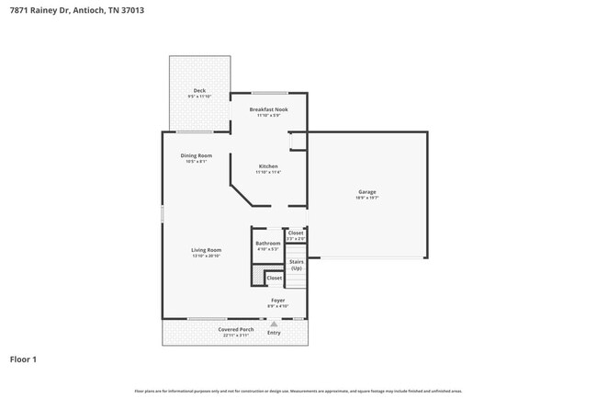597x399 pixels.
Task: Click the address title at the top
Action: pyautogui.click(x=76, y=10)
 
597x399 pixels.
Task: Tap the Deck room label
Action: pyautogui.click(x=199, y=90)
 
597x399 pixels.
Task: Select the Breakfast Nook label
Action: pyautogui.click(x=269, y=109)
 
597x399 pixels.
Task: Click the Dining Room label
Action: pyautogui.click(x=197, y=155)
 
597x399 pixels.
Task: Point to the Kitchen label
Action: pyautogui.click(x=268, y=166)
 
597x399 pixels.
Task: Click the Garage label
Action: pyautogui.click(x=367, y=191)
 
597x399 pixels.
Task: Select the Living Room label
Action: pyautogui.click(x=206, y=250)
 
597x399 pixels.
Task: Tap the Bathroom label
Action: pyautogui.click(x=268, y=243)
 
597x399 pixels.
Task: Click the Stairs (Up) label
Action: pyautogui.click(x=297, y=264)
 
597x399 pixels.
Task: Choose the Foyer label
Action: pyautogui.click(x=277, y=300)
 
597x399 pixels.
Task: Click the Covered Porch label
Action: pyautogui.click(x=236, y=329)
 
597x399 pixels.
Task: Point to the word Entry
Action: pyautogui.click(x=274, y=332)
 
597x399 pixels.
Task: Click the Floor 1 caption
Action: pyautogui.click(x=24, y=359)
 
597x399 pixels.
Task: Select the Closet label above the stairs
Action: pyautogui.click(x=296, y=233)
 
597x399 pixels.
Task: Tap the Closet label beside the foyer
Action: pyautogui.click(x=275, y=278)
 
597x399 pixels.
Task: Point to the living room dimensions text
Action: pyautogui.click(x=206, y=256)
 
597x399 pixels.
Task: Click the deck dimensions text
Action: pyautogui.click(x=199, y=96)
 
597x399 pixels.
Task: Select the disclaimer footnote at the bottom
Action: pyautogui.click(x=298, y=391)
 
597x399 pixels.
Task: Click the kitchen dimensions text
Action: pyautogui.click(x=268, y=172)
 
